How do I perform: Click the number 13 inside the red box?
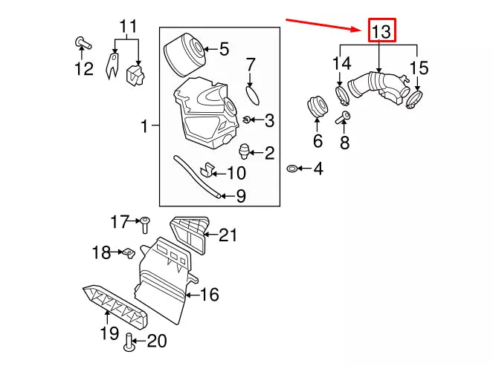[x=381, y=32]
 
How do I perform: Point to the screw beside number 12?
[x=81, y=42]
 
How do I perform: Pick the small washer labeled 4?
[x=293, y=170]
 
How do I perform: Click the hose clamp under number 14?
[x=343, y=95]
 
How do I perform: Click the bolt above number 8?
[x=346, y=117]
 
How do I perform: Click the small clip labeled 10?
[x=209, y=171]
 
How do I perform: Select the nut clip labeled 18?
[x=126, y=253]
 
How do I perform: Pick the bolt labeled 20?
[x=130, y=342]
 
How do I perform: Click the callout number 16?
[x=209, y=295]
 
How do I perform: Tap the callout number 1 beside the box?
[x=145, y=128]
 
